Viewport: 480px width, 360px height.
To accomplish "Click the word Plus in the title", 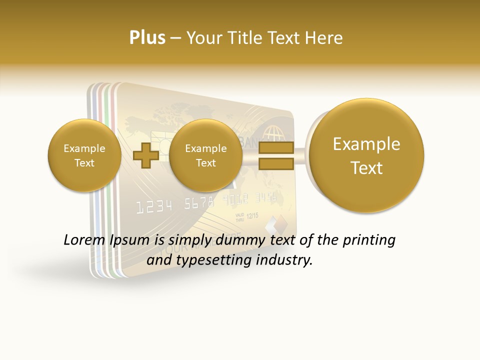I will click(x=147, y=37).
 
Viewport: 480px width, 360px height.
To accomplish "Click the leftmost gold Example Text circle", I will click(x=84, y=155).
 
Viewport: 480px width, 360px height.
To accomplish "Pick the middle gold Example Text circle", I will click(x=205, y=155).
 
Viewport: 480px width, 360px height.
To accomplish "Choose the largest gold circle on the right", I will click(x=366, y=155).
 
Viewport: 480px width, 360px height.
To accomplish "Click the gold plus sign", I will click(x=146, y=156).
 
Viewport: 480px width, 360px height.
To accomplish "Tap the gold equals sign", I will click(x=276, y=156).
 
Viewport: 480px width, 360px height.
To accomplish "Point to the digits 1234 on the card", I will click(x=154, y=206).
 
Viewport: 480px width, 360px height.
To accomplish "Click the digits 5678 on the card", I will click(x=198, y=203).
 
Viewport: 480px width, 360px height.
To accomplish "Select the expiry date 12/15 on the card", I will click(x=252, y=215).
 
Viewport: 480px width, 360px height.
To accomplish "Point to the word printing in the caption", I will click(x=368, y=240).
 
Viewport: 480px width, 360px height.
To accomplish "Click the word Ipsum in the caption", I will click(x=129, y=240).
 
